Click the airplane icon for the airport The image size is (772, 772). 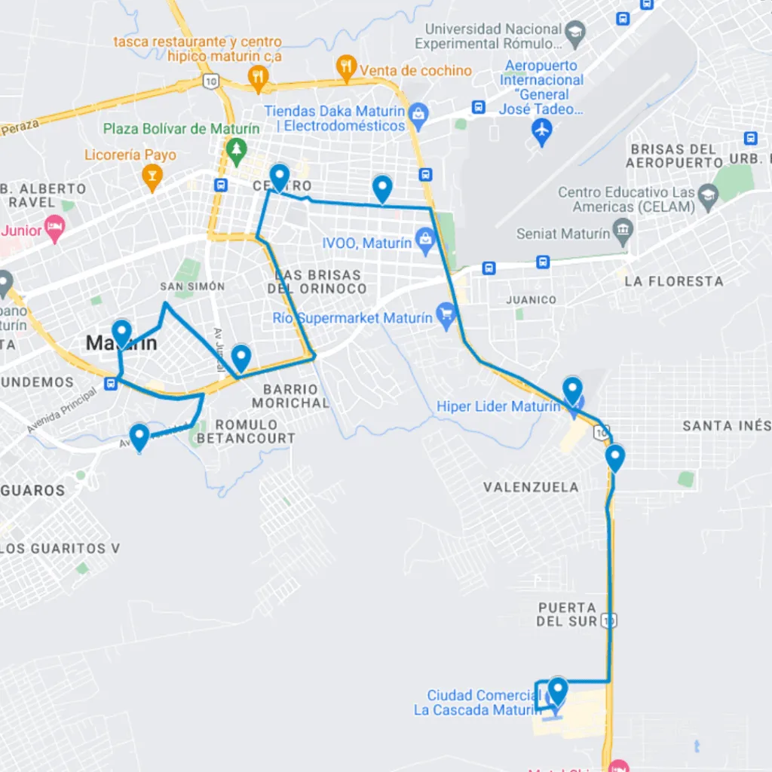pyautogui.click(x=541, y=129)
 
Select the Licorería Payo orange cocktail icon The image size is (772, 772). pyautogui.click(x=152, y=177)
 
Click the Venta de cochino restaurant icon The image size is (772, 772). pyautogui.click(x=346, y=69)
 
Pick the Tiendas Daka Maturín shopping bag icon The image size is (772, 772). pyautogui.click(x=418, y=115)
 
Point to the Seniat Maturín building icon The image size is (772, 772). pyautogui.click(x=622, y=233)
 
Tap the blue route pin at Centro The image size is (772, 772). pyautogui.click(x=280, y=178)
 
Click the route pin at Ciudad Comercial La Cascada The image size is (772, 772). pyautogui.click(x=557, y=690)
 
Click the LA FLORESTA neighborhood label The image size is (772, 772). pyautogui.click(x=673, y=281)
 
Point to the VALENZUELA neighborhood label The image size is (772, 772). pyautogui.click(x=531, y=487)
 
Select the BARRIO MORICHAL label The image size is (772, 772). pyautogui.click(x=296, y=396)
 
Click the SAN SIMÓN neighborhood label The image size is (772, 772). pyautogui.click(x=192, y=286)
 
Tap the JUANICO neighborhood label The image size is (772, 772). pyautogui.click(x=532, y=300)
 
